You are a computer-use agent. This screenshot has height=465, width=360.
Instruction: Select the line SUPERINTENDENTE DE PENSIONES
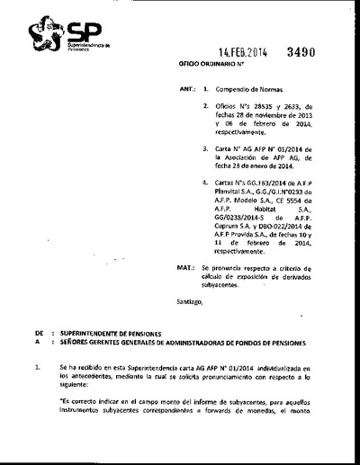point(112,333)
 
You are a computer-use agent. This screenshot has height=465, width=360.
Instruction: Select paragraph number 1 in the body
point(37,368)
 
